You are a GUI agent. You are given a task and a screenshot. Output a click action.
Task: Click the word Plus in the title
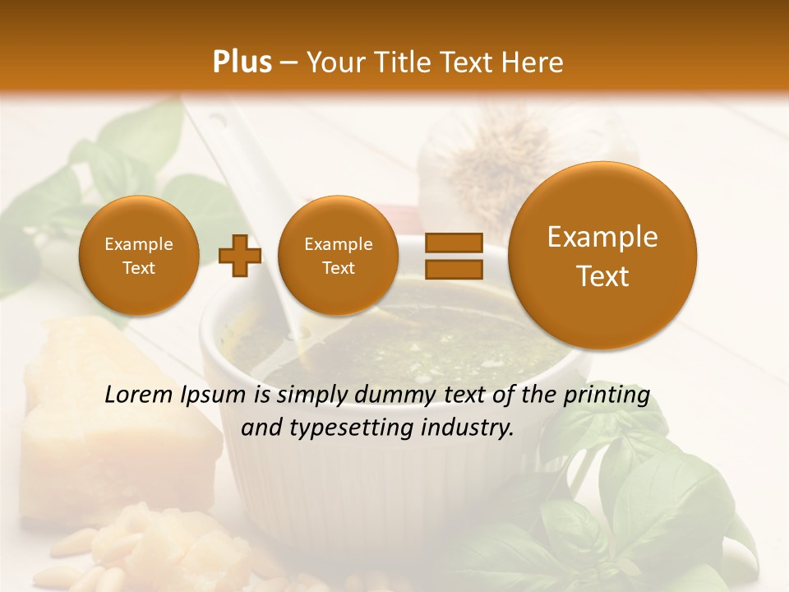[x=242, y=62]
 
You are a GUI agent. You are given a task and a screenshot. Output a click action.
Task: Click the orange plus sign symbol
[x=240, y=256]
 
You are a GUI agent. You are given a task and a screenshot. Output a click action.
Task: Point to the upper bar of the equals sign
[x=454, y=243]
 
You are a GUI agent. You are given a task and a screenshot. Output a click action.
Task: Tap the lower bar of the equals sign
[x=454, y=269]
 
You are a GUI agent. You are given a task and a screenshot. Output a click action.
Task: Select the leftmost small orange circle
[x=138, y=256]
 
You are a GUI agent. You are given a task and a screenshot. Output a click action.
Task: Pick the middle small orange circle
[x=338, y=256]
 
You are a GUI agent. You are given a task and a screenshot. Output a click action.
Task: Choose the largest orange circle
[x=602, y=256]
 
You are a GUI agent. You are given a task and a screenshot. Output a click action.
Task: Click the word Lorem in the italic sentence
[x=140, y=395]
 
